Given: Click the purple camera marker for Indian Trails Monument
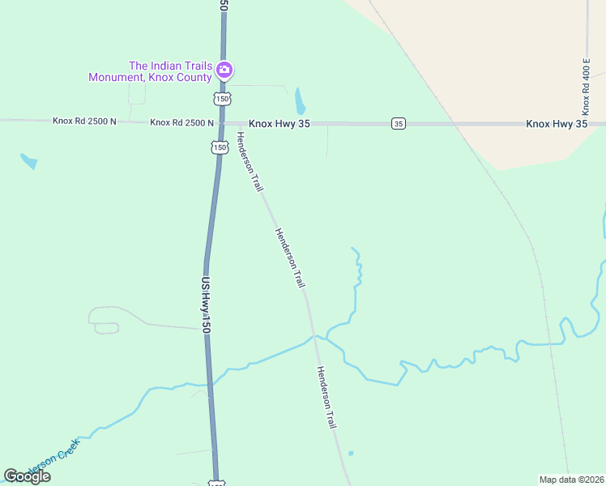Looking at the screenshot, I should click(225, 70).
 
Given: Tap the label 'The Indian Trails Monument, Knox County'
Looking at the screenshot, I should click(150, 71).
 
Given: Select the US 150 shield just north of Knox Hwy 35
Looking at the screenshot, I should click(223, 98).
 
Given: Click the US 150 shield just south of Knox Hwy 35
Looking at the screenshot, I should click(218, 147).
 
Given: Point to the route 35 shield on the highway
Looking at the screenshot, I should click(398, 123).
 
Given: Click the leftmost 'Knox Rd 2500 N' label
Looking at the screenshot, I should click(84, 122).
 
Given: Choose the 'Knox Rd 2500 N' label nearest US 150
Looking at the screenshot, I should click(181, 123).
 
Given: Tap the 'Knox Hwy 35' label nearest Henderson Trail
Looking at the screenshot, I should click(280, 124).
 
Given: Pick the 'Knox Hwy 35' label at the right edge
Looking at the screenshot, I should click(556, 124).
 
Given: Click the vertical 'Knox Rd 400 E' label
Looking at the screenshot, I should click(585, 86).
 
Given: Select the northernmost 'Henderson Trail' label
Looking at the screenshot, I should click(250, 162).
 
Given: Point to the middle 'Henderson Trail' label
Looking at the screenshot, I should click(289, 258).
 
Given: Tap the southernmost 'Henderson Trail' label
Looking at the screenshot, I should click(326, 397).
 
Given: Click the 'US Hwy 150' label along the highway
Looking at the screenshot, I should click(206, 305).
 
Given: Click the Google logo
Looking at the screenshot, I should click(27, 476).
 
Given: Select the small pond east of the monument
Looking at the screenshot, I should click(300, 101).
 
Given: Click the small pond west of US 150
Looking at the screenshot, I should click(28, 160).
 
